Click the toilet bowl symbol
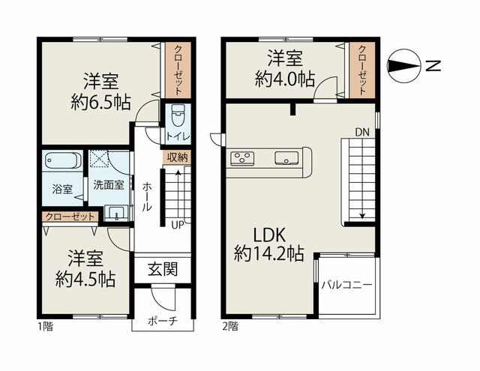(x=178, y=115)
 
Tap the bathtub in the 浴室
(x=63, y=160)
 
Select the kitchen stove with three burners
(x=242, y=158)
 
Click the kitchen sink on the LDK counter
(x=286, y=158)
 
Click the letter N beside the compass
(x=433, y=66)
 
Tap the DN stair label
(x=362, y=133)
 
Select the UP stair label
(x=178, y=226)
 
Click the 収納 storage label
(x=177, y=158)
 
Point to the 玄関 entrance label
(x=163, y=270)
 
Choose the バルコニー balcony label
(x=346, y=285)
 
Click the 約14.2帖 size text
(x=269, y=254)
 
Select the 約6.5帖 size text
(x=101, y=103)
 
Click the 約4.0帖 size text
(x=285, y=79)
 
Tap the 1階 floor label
(x=46, y=327)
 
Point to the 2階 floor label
(x=230, y=327)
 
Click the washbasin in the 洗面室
(x=116, y=213)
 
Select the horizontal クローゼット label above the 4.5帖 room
(x=70, y=217)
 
